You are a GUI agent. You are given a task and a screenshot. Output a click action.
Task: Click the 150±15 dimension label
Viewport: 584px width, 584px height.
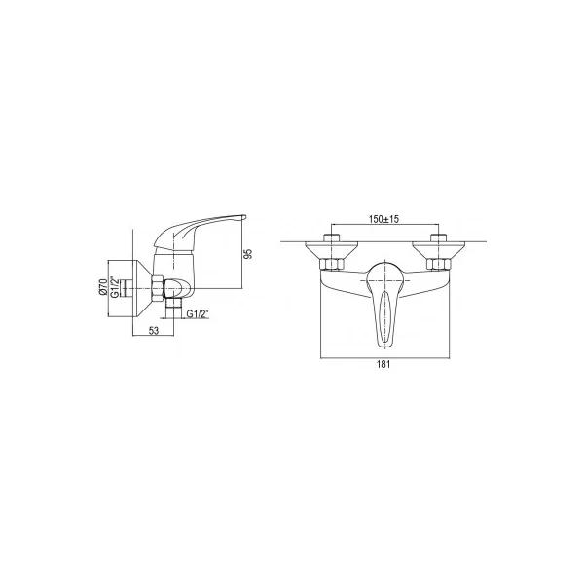click(x=383, y=219)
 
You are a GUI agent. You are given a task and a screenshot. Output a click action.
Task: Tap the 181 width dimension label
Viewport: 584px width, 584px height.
click(x=383, y=364)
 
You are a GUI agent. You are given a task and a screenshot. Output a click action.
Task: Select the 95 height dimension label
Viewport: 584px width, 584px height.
click(x=249, y=254)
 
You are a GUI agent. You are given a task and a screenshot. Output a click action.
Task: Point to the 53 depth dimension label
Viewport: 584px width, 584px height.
click(x=154, y=330)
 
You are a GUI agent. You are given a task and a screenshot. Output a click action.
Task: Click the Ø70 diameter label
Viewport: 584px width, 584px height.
click(x=103, y=287)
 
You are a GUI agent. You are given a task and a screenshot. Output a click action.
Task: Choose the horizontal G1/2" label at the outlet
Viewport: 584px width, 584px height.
click(x=198, y=314)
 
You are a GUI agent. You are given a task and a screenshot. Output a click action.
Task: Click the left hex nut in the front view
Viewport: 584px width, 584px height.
click(x=332, y=265)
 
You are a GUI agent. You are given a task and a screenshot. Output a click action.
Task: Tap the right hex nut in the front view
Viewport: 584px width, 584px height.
click(x=439, y=265)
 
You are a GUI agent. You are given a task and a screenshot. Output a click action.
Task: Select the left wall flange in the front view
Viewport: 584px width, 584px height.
click(x=332, y=251)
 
